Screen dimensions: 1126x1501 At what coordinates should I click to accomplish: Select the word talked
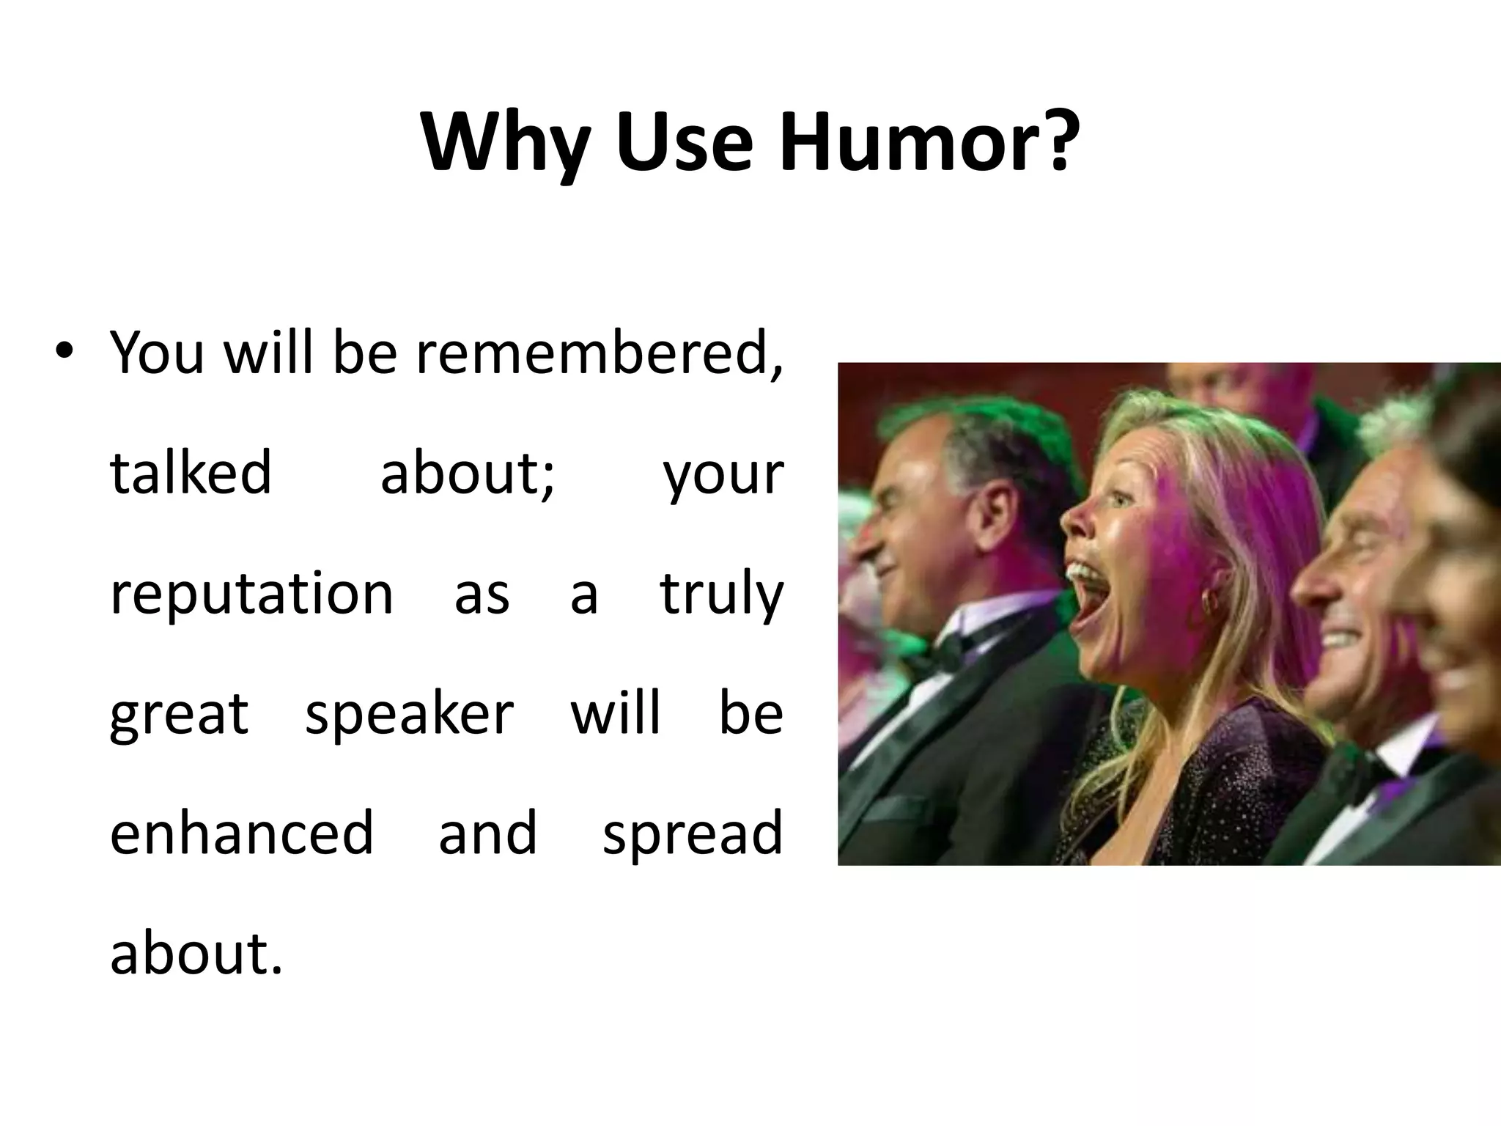(x=191, y=473)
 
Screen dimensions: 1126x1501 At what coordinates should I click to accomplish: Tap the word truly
(x=721, y=595)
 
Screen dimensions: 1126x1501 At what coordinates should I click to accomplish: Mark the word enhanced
(x=242, y=833)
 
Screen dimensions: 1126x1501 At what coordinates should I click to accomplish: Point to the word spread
(x=693, y=834)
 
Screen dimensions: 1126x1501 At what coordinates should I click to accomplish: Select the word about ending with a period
(x=196, y=953)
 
